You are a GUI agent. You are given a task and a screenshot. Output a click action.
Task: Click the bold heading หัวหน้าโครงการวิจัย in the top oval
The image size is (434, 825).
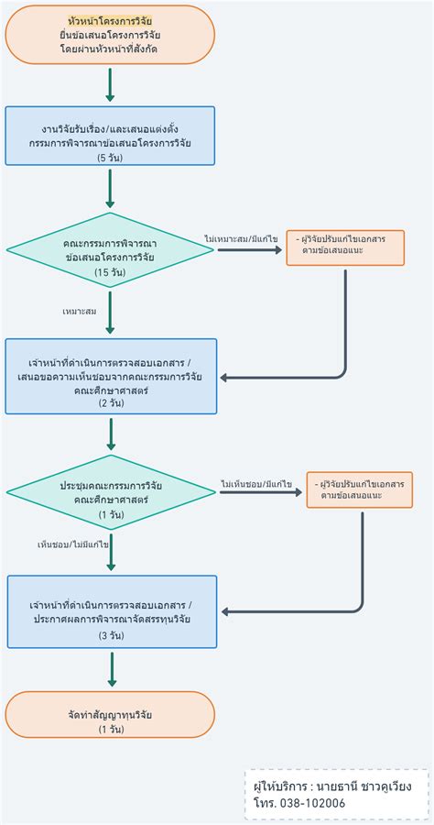tap(110, 19)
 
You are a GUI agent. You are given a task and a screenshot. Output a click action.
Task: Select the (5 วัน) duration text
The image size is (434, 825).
tap(110, 158)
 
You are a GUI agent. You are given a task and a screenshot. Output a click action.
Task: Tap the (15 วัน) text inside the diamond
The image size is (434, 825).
tap(110, 273)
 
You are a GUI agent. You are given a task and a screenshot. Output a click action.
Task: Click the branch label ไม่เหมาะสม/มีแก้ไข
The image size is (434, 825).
tap(241, 238)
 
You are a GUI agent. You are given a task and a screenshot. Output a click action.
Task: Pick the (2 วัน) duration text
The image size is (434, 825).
tap(110, 403)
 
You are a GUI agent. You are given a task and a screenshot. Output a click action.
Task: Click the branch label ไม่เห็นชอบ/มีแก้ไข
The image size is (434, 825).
tap(255, 483)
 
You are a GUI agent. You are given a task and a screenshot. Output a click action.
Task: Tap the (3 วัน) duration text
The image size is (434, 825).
tap(112, 635)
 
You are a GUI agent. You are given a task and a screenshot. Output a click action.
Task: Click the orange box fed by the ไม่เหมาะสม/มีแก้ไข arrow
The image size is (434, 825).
tap(345, 247)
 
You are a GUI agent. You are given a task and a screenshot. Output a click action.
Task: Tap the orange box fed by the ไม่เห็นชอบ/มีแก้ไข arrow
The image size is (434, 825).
tap(359, 489)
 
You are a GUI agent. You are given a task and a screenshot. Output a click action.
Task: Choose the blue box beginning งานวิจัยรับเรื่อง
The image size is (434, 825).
tap(110, 136)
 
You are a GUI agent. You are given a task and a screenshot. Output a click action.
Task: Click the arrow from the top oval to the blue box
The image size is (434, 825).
tap(110, 84)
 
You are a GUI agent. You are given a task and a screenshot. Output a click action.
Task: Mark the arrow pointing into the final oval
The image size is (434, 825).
tap(112, 669)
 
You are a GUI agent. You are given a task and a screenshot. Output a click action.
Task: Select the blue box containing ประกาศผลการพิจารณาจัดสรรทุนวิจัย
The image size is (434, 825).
tap(112, 612)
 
